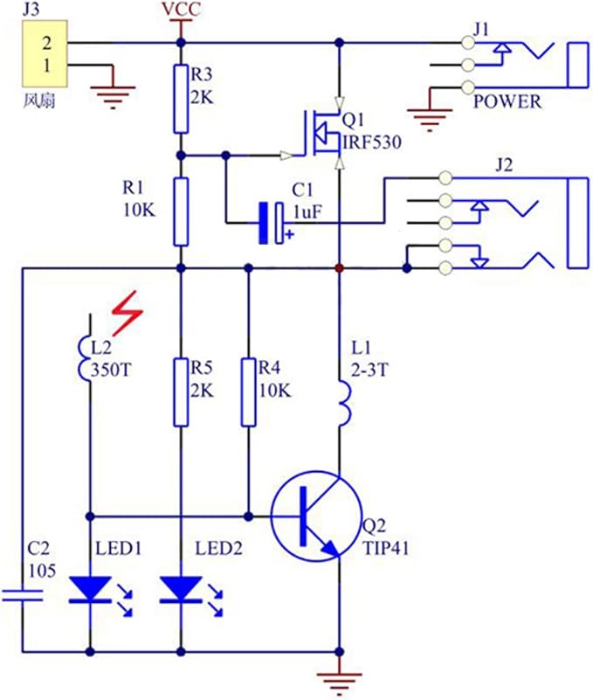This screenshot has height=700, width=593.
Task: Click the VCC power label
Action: coord(181,10)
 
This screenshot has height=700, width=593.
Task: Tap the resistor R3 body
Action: coord(181,98)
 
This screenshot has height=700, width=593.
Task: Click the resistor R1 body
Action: coord(181,211)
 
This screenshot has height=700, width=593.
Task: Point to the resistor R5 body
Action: coord(181,391)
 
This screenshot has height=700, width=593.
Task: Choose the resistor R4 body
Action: coord(249,391)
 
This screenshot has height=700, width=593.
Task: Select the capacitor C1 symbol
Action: coord(271,222)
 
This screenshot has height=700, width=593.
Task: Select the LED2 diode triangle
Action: coord(182,590)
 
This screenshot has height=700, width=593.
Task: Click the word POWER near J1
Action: coord(507,101)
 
